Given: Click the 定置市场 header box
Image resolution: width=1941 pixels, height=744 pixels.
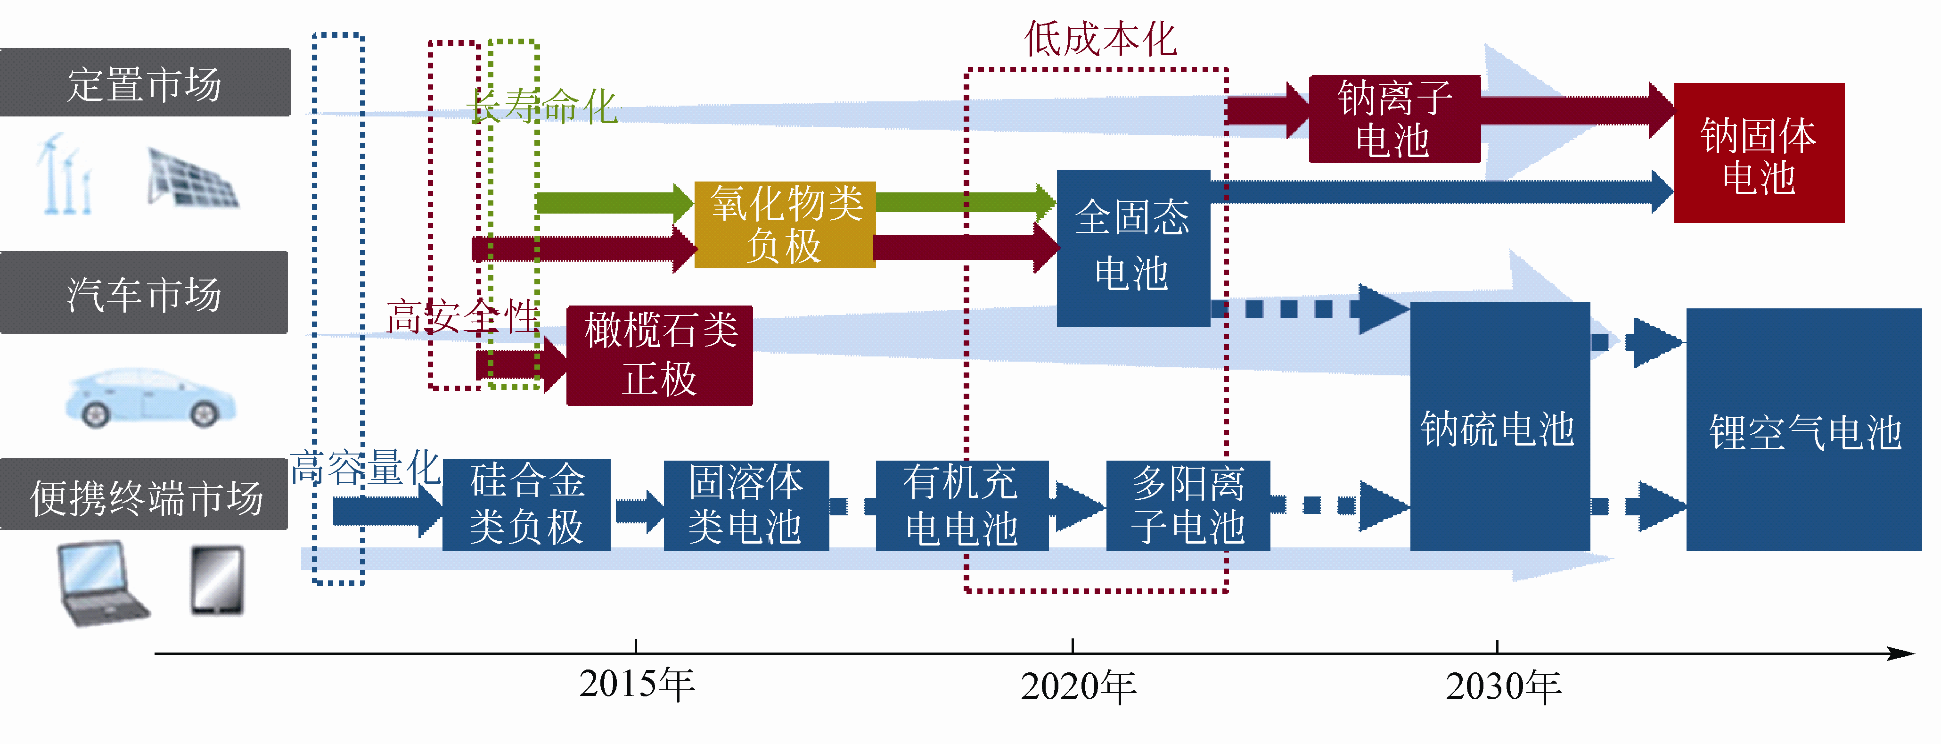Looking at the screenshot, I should (x=145, y=83).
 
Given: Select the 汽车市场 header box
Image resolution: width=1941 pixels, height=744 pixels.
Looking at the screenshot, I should (x=144, y=292).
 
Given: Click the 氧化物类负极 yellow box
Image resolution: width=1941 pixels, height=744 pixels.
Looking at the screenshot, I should (x=785, y=224).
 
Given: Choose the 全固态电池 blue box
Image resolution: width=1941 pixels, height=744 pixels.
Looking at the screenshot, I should (x=1132, y=247).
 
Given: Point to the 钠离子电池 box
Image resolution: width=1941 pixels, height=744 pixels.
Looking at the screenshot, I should (x=1394, y=119).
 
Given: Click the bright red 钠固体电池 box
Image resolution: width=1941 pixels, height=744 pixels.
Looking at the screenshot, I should (x=1759, y=153).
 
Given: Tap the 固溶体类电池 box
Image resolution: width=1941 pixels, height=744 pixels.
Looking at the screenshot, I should (x=746, y=505).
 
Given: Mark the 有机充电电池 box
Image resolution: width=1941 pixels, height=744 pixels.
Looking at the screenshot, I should (x=961, y=505).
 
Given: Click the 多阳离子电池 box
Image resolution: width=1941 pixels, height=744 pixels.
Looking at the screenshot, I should (x=1188, y=505).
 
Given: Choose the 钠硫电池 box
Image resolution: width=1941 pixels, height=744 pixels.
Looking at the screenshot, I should (x=1499, y=427).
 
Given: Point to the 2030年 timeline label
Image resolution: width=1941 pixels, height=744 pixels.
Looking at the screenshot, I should (x=1503, y=686).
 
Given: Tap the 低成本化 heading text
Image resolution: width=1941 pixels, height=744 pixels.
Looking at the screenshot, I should (x=1100, y=39).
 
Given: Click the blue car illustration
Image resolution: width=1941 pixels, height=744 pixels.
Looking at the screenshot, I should (x=151, y=398).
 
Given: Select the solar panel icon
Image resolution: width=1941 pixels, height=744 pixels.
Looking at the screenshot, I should (x=192, y=180).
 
